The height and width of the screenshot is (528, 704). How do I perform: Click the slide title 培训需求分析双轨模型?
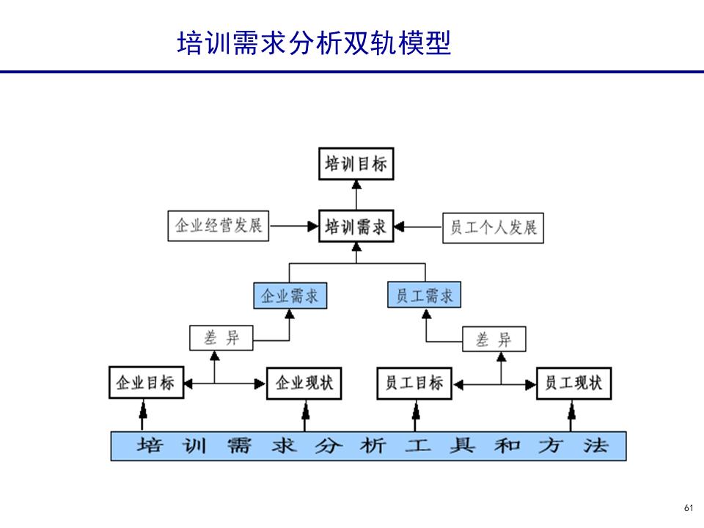[314, 43]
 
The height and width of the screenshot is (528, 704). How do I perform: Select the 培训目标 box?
[356, 164]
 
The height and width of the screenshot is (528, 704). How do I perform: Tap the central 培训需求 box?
[356, 226]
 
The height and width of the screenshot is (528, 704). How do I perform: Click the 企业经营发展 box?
[218, 226]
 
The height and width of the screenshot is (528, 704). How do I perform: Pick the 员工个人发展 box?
[494, 227]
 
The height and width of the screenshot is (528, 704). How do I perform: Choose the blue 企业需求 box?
[290, 296]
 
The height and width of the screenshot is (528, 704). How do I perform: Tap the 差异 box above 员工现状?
[494, 340]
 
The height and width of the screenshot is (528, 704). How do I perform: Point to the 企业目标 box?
[145, 383]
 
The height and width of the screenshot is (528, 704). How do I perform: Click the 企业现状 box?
[304, 383]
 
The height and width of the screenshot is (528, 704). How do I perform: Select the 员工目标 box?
[414, 383]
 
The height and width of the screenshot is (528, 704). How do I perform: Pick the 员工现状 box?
[573, 383]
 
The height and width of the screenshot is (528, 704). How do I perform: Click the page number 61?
[688, 508]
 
